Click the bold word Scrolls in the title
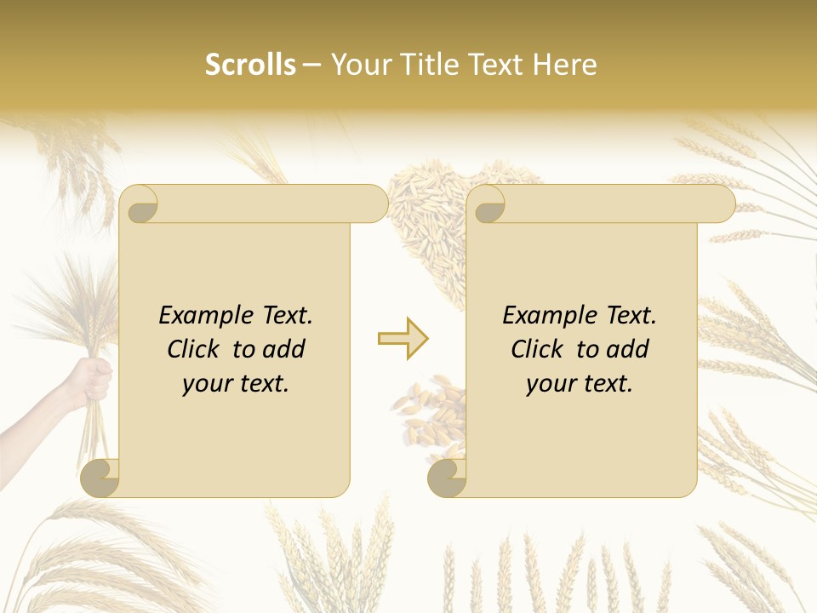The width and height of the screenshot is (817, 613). [250, 65]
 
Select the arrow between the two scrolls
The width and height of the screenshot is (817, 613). [403, 339]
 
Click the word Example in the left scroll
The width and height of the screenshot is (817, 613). [204, 316]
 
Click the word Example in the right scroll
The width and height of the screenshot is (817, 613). [548, 316]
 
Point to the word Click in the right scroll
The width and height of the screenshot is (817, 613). [540, 349]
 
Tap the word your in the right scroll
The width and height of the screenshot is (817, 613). [551, 384]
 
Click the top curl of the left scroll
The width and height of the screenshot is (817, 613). [140, 203]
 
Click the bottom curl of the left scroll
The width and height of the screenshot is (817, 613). [100, 478]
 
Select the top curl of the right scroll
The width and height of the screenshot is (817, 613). [487, 203]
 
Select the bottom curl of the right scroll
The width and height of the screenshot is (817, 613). [447, 478]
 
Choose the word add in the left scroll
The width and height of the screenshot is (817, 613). [283, 349]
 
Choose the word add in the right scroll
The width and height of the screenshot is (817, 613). [627, 349]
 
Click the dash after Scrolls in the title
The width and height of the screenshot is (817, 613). [312, 66]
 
